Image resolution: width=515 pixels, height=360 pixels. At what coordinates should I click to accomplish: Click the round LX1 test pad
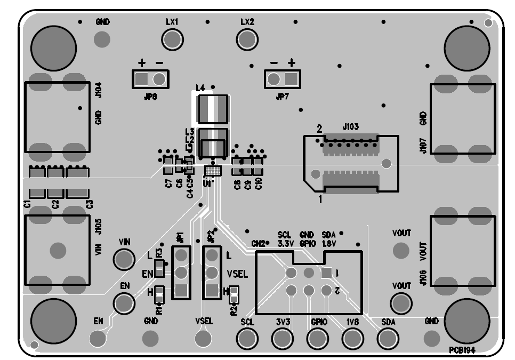click(x=172, y=38)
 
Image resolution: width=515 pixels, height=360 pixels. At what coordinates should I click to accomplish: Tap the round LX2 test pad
click(x=247, y=38)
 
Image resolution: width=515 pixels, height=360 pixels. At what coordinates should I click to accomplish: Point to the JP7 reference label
click(x=282, y=98)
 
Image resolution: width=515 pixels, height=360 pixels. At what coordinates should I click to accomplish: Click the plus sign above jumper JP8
click(x=142, y=63)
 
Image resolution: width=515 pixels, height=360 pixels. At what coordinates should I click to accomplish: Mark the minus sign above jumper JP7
click(x=274, y=63)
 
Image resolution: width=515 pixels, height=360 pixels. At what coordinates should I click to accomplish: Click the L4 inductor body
click(x=212, y=108)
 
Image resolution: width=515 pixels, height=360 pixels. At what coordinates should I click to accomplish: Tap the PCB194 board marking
click(x=462, y=350)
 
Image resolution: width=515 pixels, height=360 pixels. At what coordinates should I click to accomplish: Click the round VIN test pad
click(x=124, y=260)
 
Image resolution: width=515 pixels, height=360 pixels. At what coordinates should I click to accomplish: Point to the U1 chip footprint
click(x=212, y=171)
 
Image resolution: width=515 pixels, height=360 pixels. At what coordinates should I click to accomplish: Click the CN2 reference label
click(x=259, y=243)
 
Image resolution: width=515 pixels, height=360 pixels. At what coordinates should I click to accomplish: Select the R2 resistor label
click(x=233, y=309)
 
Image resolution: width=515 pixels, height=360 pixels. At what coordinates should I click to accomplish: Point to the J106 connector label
click(x=422, y=277)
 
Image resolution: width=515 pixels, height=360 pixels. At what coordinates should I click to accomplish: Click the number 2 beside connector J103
click(x=319, y=129)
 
